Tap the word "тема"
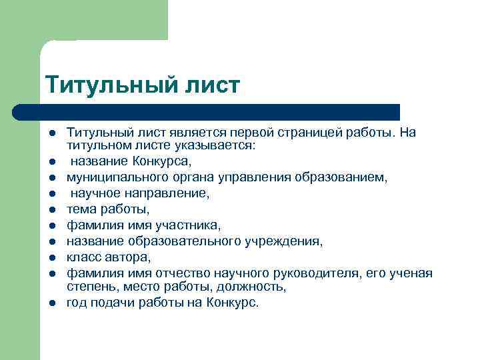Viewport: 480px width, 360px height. click(x=79, y=209)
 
